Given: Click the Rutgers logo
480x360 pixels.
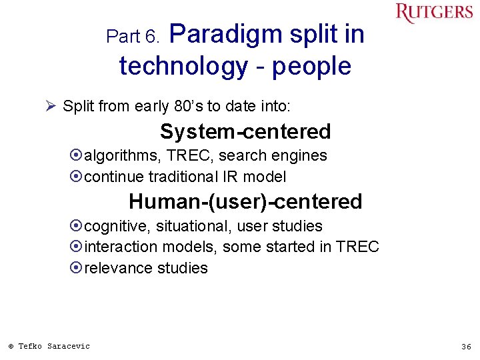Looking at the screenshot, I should point(433,13).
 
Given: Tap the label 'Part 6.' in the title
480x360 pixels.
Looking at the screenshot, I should point(133,37).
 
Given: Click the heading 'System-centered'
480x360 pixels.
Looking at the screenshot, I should point(245,132).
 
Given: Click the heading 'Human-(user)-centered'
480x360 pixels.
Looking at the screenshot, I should point(245,201).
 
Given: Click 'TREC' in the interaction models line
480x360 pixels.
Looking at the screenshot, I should point(357,247).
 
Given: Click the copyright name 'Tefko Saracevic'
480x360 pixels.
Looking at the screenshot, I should point(53,346).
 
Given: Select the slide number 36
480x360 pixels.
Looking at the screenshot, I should point(466,347).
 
